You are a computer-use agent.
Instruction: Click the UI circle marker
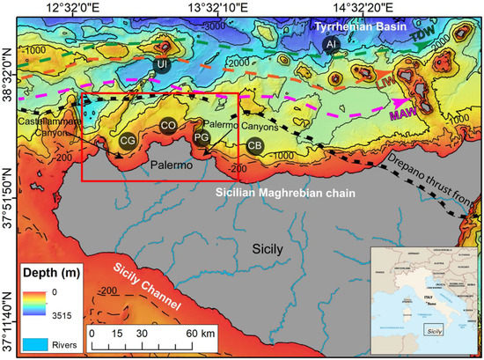click(x=161, y=64)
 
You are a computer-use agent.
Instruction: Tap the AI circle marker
click(x=331, y=44)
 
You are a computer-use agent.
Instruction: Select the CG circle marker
click(x=128, y=139)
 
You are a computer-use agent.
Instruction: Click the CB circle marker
click(x=255, y=145)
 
